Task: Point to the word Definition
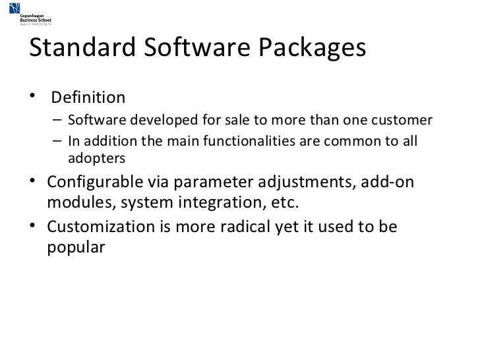tap(88, 98)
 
